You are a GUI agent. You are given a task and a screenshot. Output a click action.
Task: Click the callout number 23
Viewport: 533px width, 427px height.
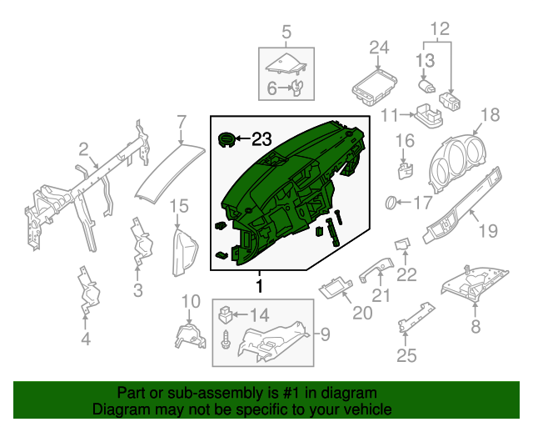pos(262,138)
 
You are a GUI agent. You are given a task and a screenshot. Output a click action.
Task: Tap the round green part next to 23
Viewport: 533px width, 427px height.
pos(227,138)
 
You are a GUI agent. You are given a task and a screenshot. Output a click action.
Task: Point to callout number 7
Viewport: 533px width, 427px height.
pos(181,123)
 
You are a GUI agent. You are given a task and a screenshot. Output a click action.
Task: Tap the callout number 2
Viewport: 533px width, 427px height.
pos(83,149)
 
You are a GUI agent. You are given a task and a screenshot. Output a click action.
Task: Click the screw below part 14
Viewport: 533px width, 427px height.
pos(226,340)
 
